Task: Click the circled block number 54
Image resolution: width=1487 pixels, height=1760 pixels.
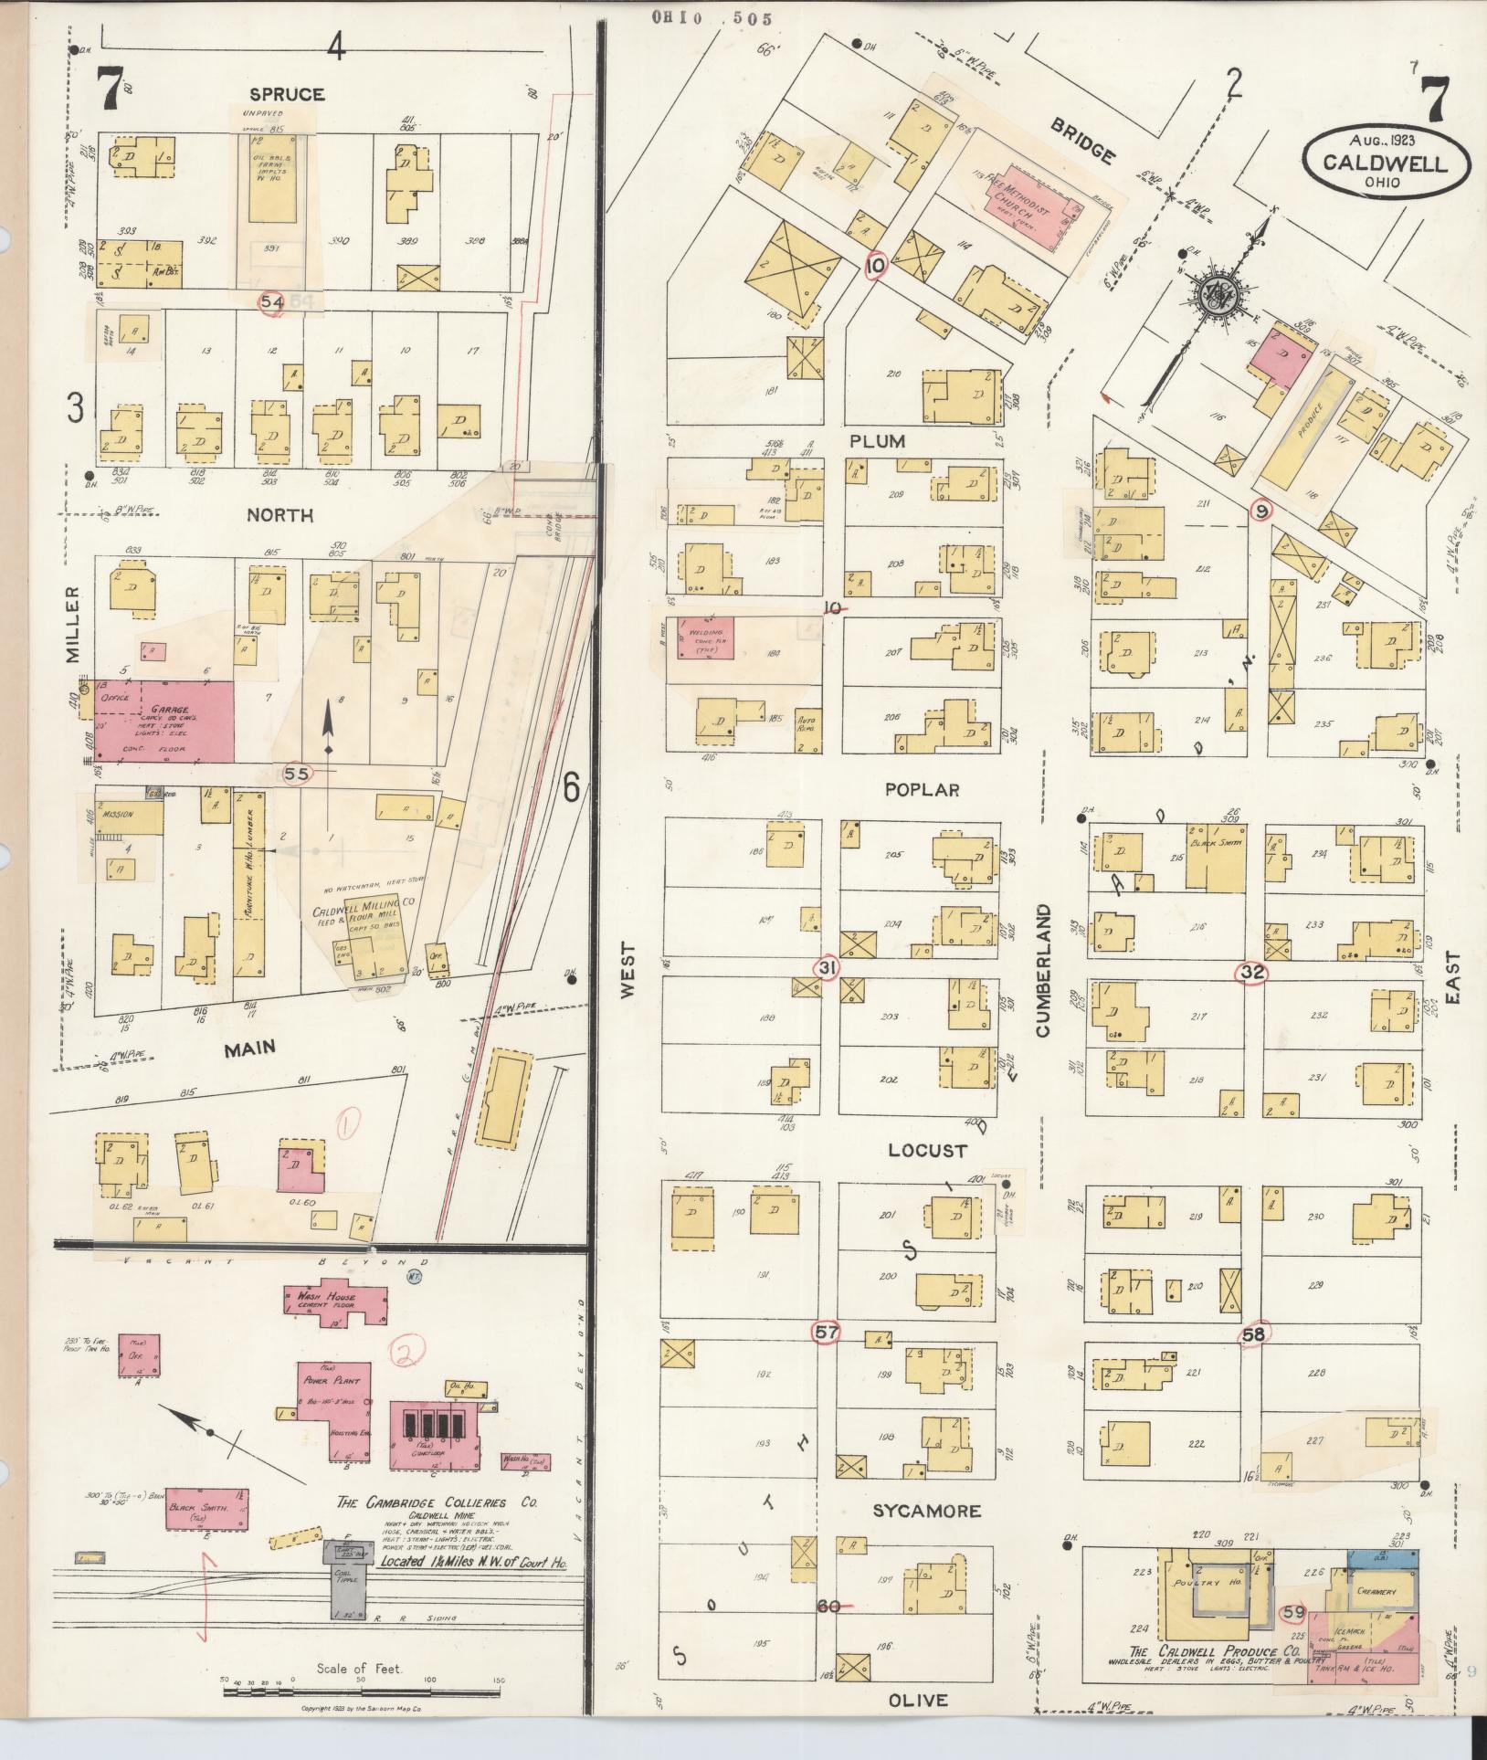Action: click(272, 303)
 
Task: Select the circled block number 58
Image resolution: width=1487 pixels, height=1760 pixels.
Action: click(1253, 1334)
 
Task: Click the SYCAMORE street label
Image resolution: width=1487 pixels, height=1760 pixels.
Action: click(926, 1512)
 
